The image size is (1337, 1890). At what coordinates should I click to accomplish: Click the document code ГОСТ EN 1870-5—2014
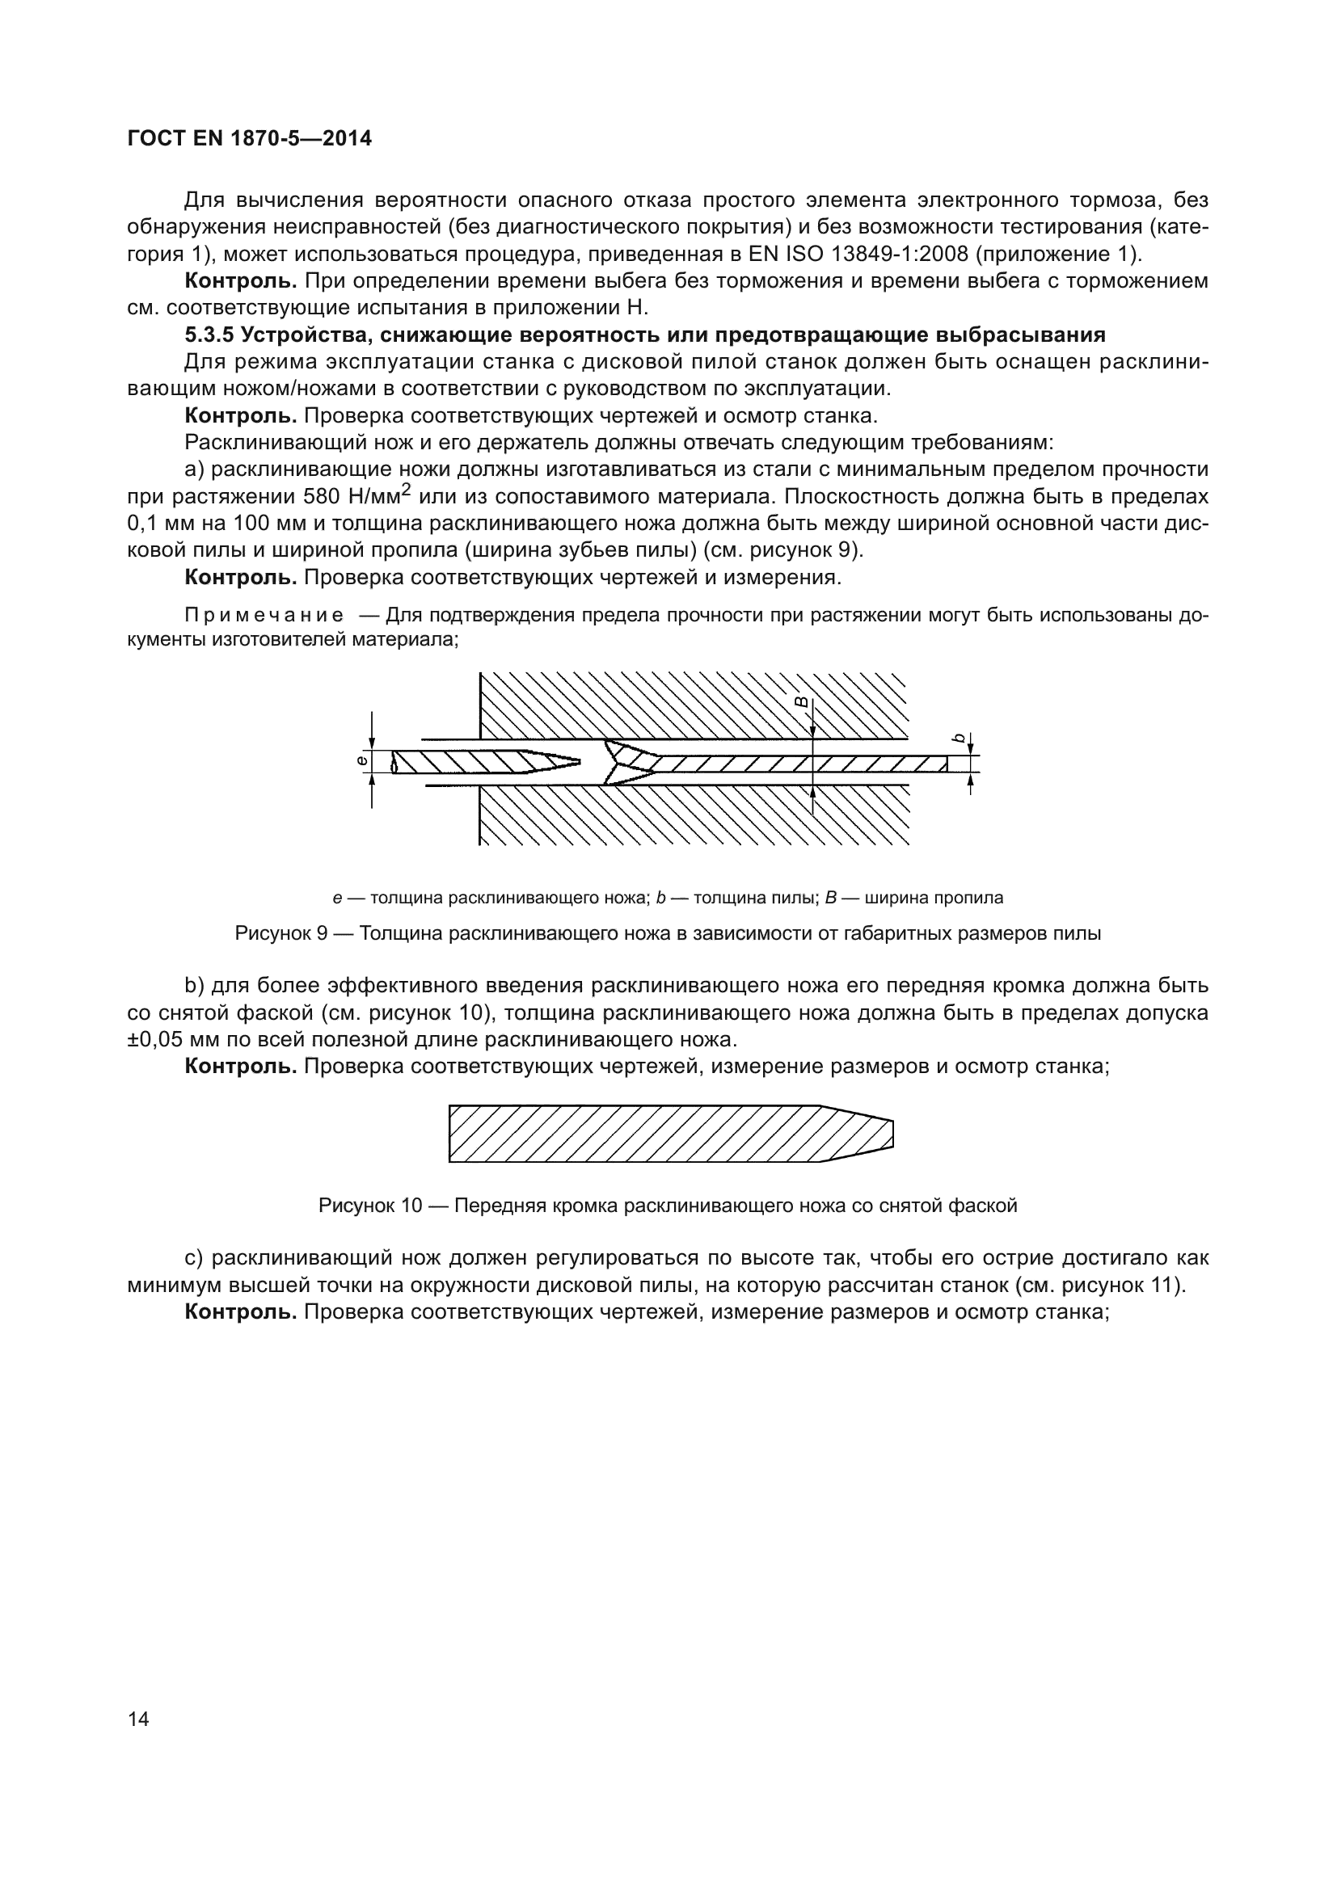click(250, 138)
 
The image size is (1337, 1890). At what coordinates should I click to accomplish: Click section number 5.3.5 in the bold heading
click(210, 335)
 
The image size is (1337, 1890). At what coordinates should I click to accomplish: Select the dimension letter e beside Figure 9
click(361, 761)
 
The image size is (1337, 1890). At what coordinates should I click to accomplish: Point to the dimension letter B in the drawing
click(799, 701)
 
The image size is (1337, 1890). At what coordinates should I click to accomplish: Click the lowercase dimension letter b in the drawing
click(957, 739)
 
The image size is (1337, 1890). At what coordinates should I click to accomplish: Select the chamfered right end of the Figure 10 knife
click(873, 1134)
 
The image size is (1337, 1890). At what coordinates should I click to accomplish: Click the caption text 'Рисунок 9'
click(280, 933)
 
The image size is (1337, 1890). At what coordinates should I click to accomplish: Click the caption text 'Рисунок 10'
click(369, 1206)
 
